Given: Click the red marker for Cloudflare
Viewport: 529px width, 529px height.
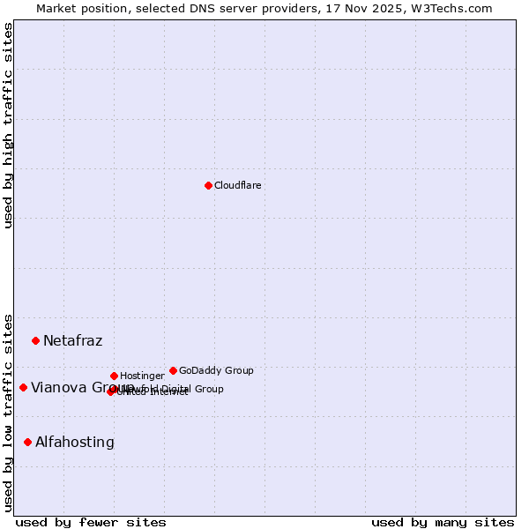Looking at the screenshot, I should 208,185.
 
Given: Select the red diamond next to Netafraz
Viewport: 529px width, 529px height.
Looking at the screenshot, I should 35,340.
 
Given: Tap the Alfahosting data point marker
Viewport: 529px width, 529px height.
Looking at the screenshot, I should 27,442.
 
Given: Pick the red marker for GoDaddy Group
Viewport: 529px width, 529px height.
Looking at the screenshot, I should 173,370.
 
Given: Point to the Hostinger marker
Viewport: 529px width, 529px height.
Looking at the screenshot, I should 114,376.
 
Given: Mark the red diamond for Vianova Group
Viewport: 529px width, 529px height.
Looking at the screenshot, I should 23,387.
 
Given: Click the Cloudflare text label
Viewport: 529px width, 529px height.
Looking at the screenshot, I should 237,185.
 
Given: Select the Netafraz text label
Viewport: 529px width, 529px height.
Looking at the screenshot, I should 72,340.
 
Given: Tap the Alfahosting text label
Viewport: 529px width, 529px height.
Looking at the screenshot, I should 75,442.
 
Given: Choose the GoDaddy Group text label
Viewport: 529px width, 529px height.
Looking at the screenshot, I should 216,370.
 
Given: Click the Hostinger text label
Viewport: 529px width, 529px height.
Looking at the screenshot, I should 142,376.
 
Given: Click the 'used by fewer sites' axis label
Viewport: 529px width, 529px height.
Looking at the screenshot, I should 91,522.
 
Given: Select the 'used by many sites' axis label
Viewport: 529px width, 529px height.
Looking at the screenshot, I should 443,522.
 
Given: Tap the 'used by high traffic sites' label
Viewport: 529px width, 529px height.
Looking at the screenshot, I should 8,125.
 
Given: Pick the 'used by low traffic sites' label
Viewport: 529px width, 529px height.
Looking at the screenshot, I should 8,412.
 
